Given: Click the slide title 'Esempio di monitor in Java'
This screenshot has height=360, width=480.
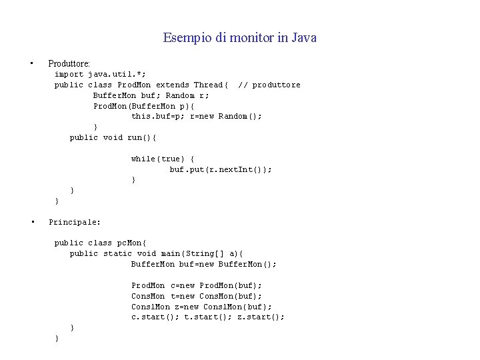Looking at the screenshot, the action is click(239, 38).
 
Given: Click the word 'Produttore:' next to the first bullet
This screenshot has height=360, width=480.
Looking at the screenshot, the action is click(69, 64).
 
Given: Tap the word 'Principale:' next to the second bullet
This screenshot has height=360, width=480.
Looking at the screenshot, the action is click(75, 221).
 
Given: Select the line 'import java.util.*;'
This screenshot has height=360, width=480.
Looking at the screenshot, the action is click(100, 74).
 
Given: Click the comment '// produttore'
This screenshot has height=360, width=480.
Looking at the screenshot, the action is click(269, 85).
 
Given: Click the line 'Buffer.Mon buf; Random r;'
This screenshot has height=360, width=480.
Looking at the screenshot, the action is click(151, 95).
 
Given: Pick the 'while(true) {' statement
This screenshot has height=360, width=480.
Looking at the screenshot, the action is click(163, 159).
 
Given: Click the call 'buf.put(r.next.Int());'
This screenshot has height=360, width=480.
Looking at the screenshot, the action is click(221, 169).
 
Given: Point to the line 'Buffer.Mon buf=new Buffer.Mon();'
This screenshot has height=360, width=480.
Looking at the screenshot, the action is click(203, 264).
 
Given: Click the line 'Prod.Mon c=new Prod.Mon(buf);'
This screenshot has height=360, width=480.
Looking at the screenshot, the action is click(197, 285).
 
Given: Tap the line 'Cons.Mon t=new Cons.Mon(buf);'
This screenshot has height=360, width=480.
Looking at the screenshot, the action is click(197, 296).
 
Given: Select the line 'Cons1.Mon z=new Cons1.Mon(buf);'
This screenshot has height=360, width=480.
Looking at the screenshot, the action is click(201, 307).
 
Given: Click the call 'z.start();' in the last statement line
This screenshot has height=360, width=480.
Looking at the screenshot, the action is click(261, 317).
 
